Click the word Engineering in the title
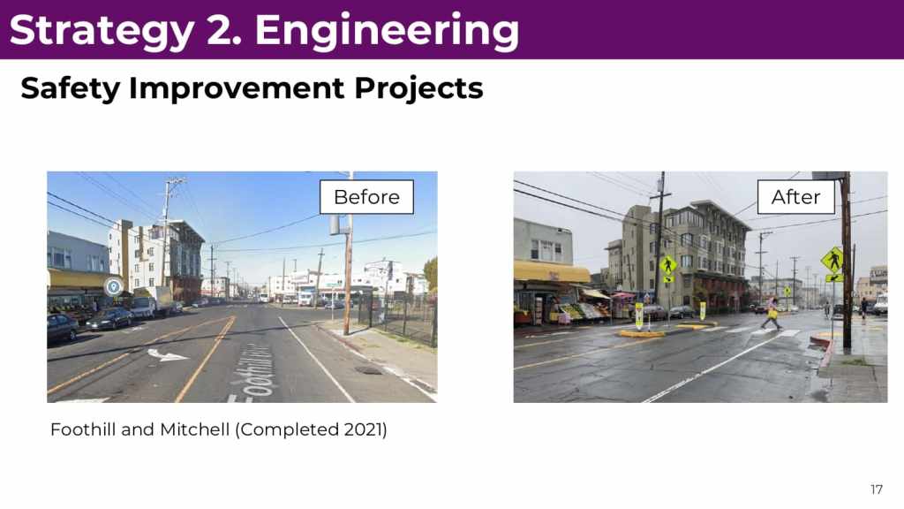pos(387,31)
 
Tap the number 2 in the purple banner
pos(222,29)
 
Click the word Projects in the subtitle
pos(418,88)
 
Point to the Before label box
pos(366,197)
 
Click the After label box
pos(796,197)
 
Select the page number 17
pos(877,490)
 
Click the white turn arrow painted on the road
pos(167,355)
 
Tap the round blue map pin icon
pos(114,286)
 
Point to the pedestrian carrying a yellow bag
pos(772,314)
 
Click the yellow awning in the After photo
pos(552,271)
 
